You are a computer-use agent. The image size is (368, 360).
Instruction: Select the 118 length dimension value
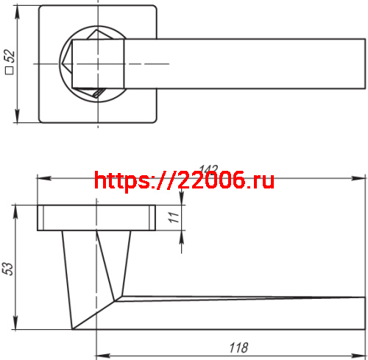pyautogui.click(x=238, y=347)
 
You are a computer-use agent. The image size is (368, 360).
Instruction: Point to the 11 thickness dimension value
pyautogui.click(x=174, y=217)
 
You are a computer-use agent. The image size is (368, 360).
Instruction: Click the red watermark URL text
pyautogui.click(x=185, y=180)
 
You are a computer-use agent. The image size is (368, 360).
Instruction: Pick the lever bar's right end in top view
pyautogui.click(x=361, y=64)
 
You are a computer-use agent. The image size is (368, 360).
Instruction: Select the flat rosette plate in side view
pyautogui.click(x=96, y=217)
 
